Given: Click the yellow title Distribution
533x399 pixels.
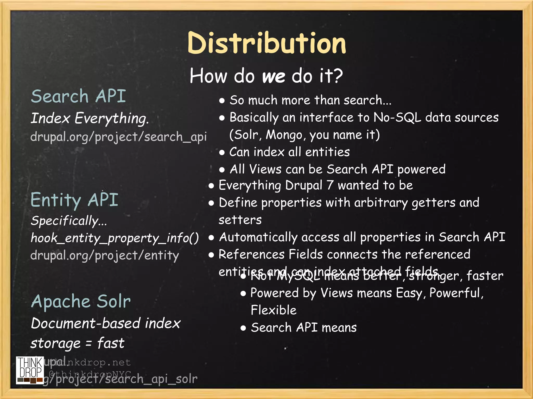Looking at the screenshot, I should click(x=266, y=43).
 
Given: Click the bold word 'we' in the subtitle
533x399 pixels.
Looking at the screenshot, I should click(x=274, y=76).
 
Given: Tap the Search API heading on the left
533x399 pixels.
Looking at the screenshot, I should click(x=78, y=96).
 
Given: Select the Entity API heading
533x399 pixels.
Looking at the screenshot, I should click(x=74, y=200).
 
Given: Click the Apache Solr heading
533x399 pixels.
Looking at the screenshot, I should click(x=81, y=302).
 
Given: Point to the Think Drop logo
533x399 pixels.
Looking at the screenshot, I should click(x=30, y=370).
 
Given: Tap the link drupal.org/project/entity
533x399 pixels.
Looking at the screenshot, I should click(x=105, y=256).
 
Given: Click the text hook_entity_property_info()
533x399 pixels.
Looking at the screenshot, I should click(x=115, y=238).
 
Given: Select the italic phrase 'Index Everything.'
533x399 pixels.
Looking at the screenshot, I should click(x=90, y=118).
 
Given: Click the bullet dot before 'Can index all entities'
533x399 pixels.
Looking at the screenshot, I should click(x=222, y=152).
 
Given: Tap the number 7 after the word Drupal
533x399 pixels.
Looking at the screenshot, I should click(x=330, y=185).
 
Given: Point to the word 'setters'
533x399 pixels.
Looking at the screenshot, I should click(x=240, y=220).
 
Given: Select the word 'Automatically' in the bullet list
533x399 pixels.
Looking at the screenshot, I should click(x=258, y=237).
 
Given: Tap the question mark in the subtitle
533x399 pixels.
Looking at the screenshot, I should click(x=338, y=76).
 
